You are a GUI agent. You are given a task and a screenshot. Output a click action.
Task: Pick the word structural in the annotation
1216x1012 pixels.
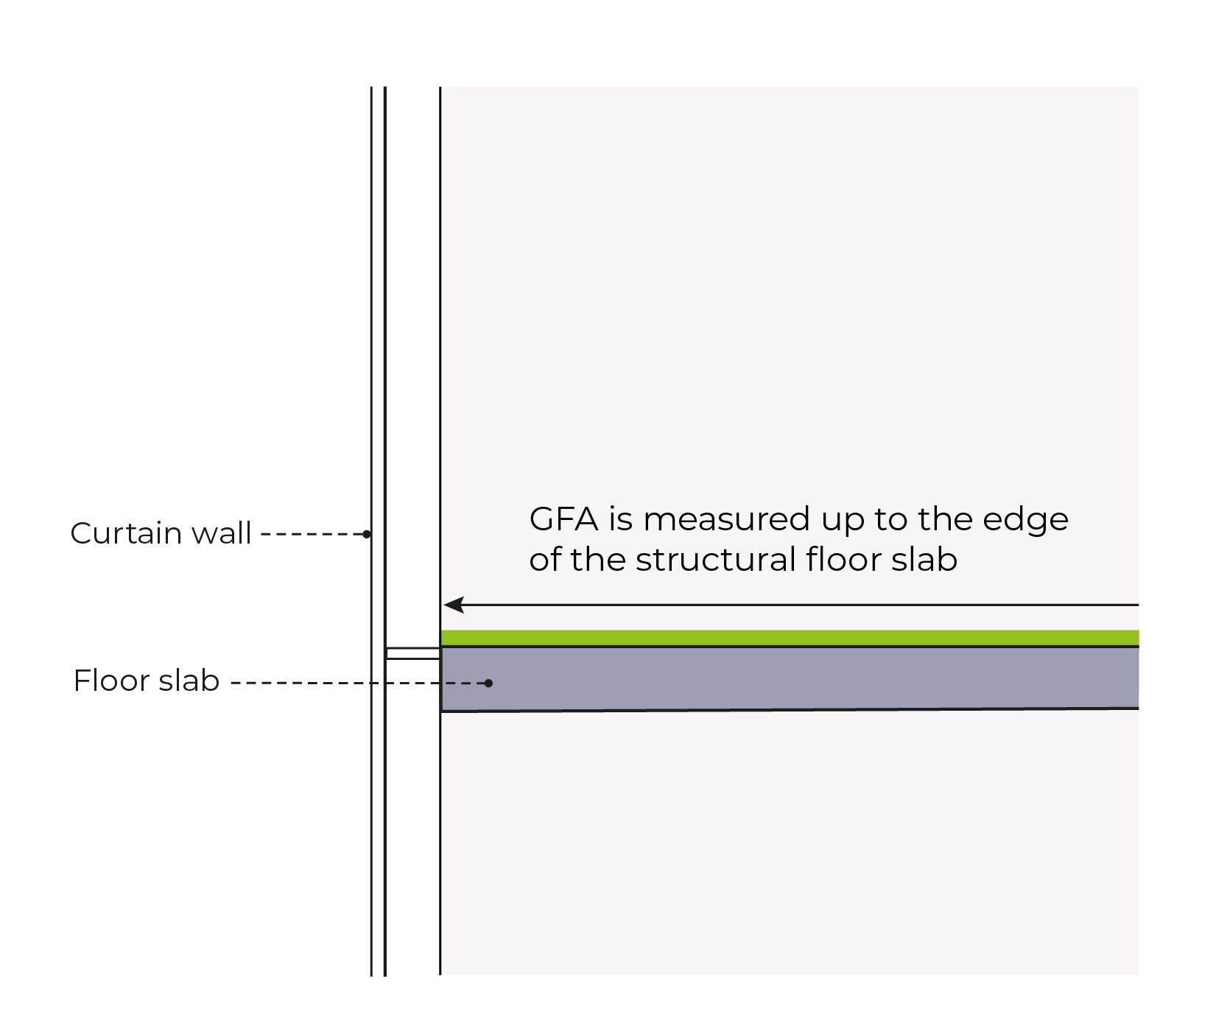pyautogui.click(x=716, y=560)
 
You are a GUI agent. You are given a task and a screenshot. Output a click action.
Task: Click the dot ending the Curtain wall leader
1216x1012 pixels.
pyautogui.click(x=367, y=534)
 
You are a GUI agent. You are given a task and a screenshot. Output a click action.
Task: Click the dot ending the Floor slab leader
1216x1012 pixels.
pyautogui.click(x=488, y=684)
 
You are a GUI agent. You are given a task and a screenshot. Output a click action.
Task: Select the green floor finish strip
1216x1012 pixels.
pyautogui.click(x=788, y=638)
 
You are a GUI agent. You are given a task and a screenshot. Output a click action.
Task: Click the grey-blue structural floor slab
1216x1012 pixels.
pyautogui.click(x=788, y=678)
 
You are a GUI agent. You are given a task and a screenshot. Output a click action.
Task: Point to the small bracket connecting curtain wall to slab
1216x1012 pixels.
pyautogui.click(x=412, y=653)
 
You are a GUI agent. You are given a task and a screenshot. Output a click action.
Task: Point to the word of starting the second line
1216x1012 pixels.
pyautogui.click(x=544, y=560)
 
